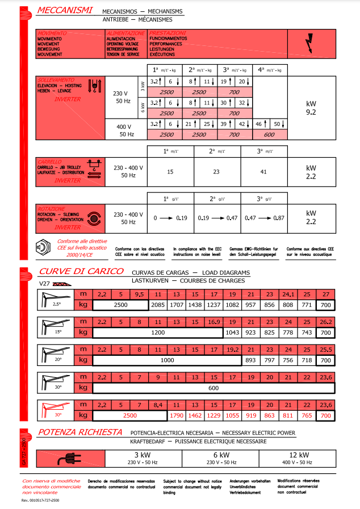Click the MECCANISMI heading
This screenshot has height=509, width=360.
pos(65,10)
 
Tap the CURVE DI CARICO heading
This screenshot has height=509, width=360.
pos(81,271)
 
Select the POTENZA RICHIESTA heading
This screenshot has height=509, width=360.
pos(80,432)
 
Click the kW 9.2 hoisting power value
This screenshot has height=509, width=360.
pos(311,108)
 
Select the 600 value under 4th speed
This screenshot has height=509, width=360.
pos(269,135)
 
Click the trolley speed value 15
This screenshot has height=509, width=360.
pos(170,171)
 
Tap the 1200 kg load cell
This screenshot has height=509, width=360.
pos(157,332)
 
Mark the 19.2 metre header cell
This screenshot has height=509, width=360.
pos(233,350)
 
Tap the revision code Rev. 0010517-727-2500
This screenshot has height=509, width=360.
pos(40,501)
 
